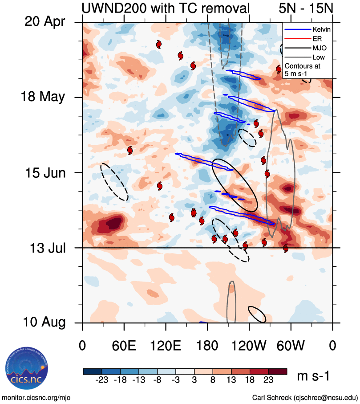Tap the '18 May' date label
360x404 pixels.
pos(43,97)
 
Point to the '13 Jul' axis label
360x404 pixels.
pos(46,248)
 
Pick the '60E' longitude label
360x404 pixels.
pos(124,345)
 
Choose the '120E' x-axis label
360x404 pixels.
pos(166,345)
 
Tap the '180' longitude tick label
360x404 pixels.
pos(207,345)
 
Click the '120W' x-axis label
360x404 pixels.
pos(249,345)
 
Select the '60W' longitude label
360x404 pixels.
pos(291,345)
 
